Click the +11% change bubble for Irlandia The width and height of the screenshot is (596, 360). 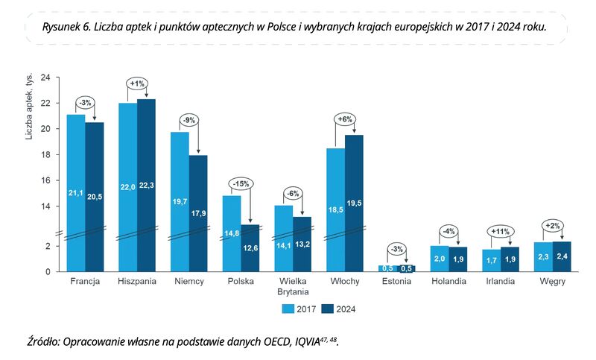(501, 231)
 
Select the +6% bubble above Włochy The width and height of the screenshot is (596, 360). (345, 119)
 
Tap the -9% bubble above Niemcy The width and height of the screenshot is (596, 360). (188, 119)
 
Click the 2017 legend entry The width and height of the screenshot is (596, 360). (299, 308)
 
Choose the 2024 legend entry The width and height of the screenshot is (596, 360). (340, 308)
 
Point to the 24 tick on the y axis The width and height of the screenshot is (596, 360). (45, 78)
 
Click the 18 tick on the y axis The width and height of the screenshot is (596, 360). (45, 155)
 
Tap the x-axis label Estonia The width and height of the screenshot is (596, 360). (397, 282)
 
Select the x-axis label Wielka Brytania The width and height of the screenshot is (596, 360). (293, 287)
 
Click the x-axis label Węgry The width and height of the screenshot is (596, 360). (553, 282)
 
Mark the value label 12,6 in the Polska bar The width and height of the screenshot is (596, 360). (250, 259)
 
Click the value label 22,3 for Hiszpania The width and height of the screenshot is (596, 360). (146, 186)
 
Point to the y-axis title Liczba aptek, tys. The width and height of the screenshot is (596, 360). (30, 109)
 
